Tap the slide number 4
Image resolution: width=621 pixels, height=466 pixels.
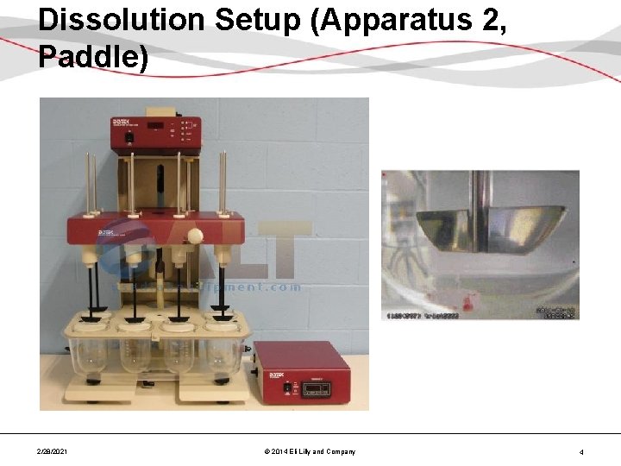point(581,451)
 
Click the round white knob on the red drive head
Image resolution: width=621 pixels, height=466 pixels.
point(196,236)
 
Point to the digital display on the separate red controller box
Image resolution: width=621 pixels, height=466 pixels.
point(314,388)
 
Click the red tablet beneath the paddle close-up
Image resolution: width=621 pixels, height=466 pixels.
point(469,301)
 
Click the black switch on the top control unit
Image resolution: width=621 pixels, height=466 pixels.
point(129,136)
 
